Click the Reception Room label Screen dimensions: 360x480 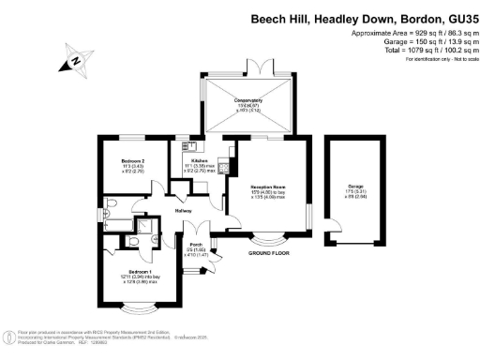265,187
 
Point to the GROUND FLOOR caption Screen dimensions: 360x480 269,253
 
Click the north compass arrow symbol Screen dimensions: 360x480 74,63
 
